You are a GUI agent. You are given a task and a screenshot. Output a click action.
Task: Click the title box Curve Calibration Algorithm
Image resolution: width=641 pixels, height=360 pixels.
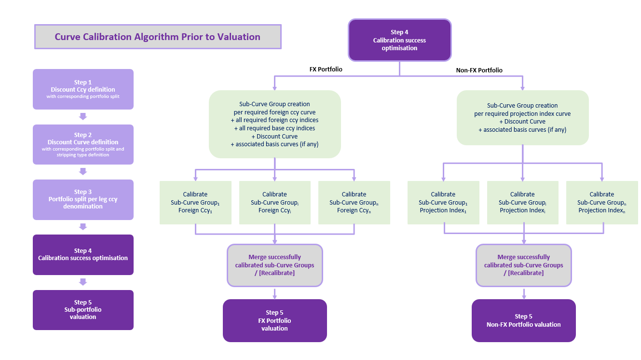pyautogui.click(x=158, y=37)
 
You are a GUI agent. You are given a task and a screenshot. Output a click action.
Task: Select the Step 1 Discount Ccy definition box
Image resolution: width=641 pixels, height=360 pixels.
pyautogui.click(x=83, y=89)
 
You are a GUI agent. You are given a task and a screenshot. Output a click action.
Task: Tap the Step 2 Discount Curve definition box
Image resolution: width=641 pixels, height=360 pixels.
pyautogui.click(x=83, y=145)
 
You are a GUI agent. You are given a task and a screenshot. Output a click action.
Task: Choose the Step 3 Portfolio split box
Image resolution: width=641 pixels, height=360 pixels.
pyautogui.click(x=83, y=199)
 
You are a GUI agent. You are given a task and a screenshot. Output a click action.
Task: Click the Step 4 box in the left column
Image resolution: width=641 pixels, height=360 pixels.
pyautogui.click(x=83, y=254)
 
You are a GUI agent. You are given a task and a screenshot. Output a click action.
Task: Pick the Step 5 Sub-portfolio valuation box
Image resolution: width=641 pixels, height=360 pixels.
pyautogui.click(x=83, y=310)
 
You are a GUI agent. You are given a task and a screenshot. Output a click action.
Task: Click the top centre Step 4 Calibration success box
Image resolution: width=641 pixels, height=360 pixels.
pyautogui.click(x=399, y=40)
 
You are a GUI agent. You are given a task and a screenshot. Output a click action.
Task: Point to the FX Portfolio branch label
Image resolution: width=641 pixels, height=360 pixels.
pyautogui.click(x=326, y=69)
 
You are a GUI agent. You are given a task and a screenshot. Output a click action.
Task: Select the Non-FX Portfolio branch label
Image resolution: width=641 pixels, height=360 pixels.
pyautogui.click(x=479, y=70)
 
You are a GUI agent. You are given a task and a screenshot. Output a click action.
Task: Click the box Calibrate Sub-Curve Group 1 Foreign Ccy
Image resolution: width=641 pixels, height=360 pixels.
pyautogui.click(x=195, y=202)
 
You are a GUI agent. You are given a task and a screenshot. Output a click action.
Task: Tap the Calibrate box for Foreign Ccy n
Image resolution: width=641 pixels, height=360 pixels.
pyautogui.click(x=354, y=202)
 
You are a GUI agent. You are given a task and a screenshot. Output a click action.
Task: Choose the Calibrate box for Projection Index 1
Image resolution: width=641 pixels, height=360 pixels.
pyautogui.click(x=443, y=202)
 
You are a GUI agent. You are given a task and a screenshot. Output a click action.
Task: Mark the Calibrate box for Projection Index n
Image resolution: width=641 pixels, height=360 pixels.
pyautogui.click(x=602, y=202)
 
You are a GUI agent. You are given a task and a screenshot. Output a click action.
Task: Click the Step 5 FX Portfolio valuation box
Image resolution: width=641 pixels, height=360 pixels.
pyautogui.click(x=274, y=320)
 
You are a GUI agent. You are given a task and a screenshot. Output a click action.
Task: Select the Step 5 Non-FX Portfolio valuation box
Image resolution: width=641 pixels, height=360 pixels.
pyautogui.click(x=523, y=320)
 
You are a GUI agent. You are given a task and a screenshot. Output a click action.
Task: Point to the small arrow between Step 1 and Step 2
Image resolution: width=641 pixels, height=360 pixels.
pyautogui.click(x=83, y=116)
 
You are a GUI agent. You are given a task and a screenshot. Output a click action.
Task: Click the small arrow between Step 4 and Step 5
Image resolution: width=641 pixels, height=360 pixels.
pyautogui.click(x=83, y=282)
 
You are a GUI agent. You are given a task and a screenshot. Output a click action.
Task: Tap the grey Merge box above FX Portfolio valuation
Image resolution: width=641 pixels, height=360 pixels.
pyautogui.click(x=274, y=265)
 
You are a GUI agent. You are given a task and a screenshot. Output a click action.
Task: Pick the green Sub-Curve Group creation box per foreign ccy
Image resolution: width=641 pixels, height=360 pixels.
pyautogui.click(x=274, y=125)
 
